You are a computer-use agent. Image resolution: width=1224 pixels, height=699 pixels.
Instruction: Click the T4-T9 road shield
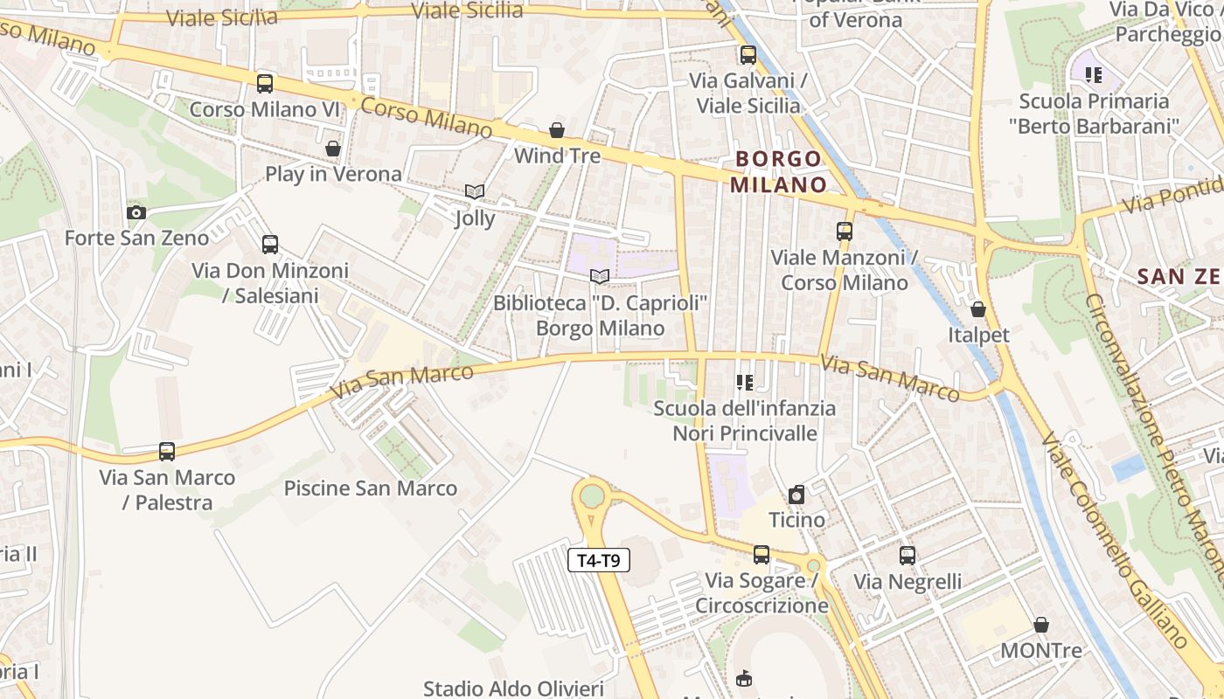click(x=599, y=560)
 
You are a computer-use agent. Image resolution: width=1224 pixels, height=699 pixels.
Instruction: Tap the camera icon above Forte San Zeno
click(x=136, y=212)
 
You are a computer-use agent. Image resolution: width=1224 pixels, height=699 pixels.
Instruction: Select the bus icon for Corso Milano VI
click(x=265, y=84)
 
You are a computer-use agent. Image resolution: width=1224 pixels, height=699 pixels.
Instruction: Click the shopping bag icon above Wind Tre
click(x=557, y=130)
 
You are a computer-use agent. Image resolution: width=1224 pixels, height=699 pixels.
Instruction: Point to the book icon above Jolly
click(x=475, y=191)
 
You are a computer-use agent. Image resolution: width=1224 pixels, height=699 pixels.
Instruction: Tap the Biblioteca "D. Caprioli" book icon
click(x=599, y=277)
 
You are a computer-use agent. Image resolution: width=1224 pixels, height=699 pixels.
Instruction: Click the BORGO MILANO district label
click(x=778, y=171)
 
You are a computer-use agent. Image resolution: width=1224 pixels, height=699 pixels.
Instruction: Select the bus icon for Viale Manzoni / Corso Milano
click(x=845, y=232)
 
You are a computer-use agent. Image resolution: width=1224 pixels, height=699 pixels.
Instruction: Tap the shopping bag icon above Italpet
click(x=978, y=309)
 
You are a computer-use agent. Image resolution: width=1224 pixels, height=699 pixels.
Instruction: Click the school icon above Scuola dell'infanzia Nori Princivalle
click(x=745, y=382)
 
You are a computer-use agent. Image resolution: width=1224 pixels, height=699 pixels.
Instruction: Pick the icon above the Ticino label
click(x=796, y=495)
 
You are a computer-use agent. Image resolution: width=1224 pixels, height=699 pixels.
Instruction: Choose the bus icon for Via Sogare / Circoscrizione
click(x=762, y=555)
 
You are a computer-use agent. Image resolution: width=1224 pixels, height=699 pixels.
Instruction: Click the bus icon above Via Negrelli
click(x=908, y=556)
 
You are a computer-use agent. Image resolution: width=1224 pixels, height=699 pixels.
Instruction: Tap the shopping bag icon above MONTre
click(x=1041, y=625)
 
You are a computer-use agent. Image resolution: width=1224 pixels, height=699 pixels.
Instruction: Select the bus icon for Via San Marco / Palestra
click(x=167, y=452)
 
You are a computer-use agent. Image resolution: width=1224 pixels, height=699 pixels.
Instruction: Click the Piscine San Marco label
click(x=371, y=488)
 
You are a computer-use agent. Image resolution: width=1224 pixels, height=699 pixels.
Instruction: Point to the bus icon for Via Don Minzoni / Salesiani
click(x=270, y=245)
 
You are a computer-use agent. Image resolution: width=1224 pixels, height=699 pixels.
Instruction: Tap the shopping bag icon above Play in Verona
click(x=333, y=149)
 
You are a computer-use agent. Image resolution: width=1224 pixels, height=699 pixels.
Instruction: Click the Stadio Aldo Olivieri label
click(x=513, y=689)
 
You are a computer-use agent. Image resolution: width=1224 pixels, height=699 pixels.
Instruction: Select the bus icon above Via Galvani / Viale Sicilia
click(x=748, y=55)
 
